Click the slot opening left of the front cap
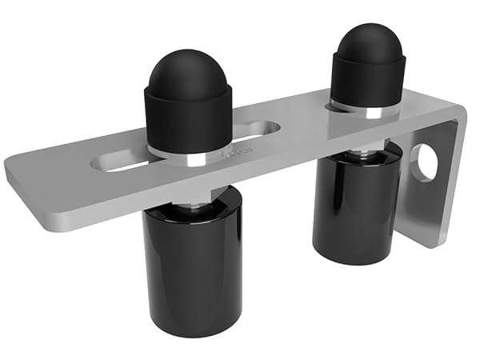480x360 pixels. (x=120, y=163)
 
